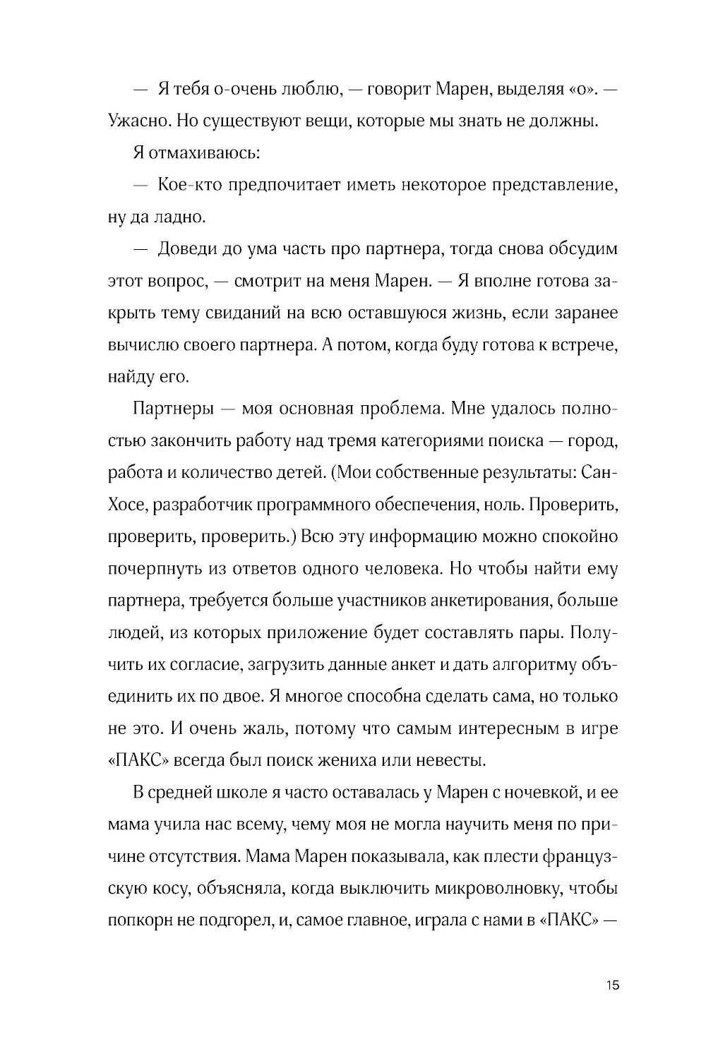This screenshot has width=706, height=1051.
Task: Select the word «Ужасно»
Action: coord(138,121)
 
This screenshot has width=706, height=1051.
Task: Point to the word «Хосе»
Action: coord(127,505)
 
